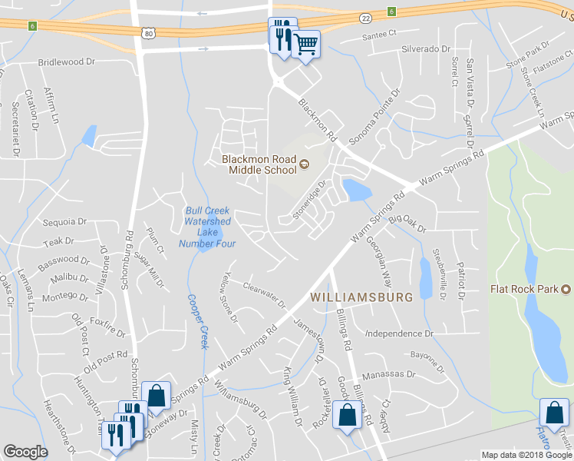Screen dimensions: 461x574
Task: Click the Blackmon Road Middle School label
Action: (x=259, y=164)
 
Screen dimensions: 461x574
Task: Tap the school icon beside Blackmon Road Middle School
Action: (x=303, y=164)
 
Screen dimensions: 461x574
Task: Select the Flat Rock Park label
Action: (x=527, y=290)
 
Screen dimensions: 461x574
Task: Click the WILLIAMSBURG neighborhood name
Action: (x=361, y=296)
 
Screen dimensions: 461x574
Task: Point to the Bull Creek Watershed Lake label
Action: (x=206, y=227)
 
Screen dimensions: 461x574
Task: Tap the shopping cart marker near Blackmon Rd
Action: (x=306, y=45)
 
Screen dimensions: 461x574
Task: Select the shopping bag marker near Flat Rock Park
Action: (x=554, y=412)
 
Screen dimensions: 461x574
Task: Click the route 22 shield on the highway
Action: (x=365, y=17)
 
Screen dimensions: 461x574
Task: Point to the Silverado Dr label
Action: (x=425, y=48)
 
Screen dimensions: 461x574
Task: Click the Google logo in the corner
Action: (x=26, y=452)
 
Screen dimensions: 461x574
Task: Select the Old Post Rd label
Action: (x=101, y=356)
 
